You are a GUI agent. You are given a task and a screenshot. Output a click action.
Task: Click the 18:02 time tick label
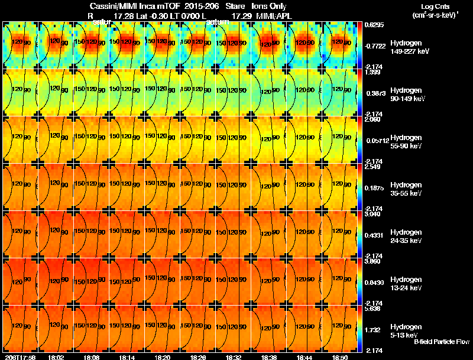[56, 357]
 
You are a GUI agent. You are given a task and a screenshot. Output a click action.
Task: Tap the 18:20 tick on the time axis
[162, 357]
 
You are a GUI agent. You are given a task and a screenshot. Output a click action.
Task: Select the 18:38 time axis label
[268, 357]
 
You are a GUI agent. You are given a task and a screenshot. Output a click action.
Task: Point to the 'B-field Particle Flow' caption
[441, 342]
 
